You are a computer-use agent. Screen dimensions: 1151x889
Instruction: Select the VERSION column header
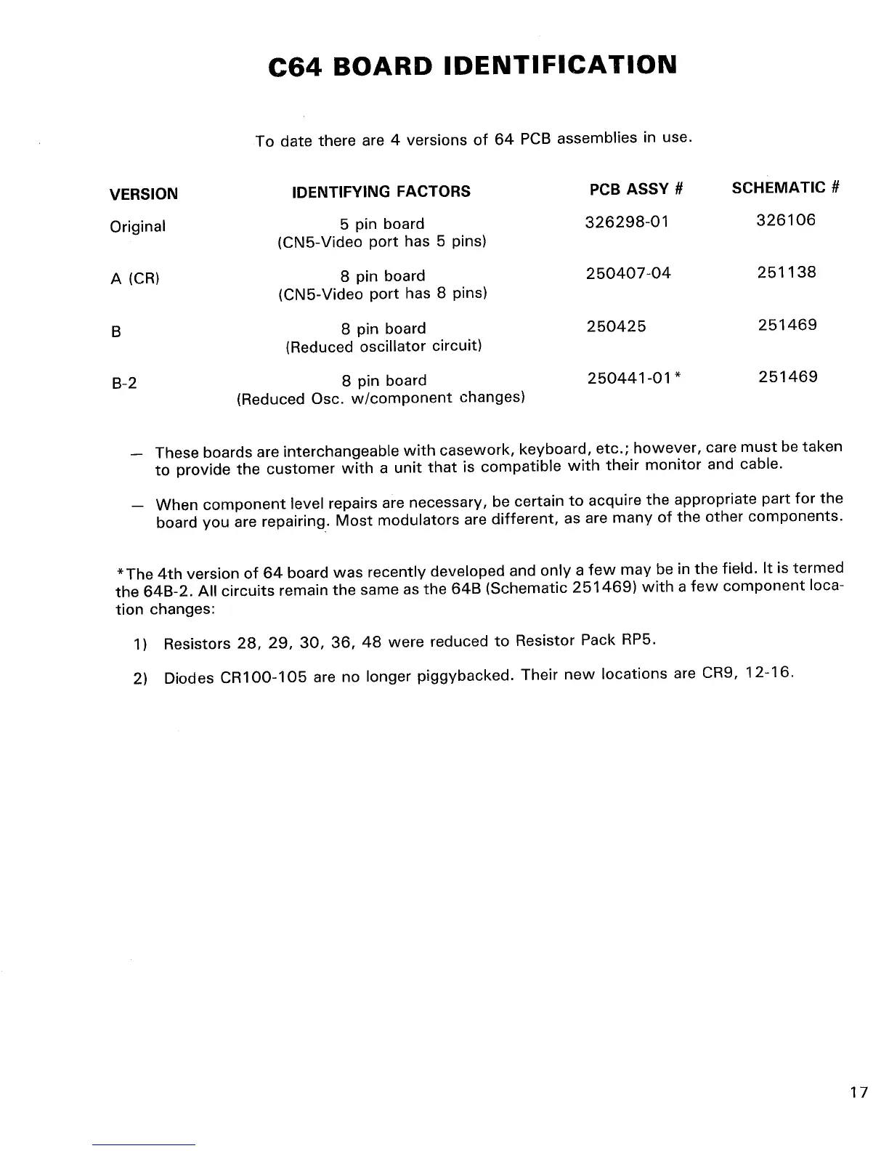(143, 194)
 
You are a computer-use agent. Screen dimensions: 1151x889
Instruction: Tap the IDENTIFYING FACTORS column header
(381, 192)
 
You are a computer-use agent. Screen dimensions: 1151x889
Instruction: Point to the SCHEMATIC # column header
(785, 187)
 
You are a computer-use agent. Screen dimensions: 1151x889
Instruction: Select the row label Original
(137, 227)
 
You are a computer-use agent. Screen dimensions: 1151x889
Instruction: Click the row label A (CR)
(134, 279)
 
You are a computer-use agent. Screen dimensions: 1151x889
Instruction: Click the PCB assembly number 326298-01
(626, 221)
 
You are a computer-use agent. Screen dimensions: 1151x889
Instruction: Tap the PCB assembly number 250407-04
(628, 273)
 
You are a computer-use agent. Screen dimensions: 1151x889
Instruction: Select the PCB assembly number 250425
(616, 326)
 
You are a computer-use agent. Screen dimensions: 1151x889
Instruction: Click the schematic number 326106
(786, 219)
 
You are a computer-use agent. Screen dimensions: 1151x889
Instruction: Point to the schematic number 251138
(787, 272)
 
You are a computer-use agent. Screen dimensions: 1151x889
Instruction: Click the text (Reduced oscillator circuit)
(383, 346)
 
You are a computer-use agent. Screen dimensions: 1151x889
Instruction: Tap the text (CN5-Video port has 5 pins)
(382, 241)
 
